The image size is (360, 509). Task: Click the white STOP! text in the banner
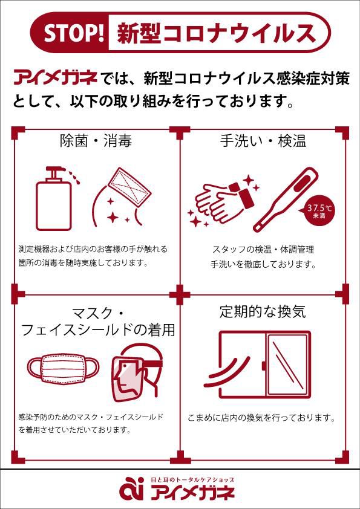(74, 33)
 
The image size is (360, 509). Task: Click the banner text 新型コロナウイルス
(217, 33)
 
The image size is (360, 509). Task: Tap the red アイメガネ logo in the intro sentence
(55, 79)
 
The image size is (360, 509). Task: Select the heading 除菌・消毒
(96, 141)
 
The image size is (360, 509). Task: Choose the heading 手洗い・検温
(263, 141)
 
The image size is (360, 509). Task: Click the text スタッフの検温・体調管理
(263, 250)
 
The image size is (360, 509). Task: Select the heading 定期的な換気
(263, 312)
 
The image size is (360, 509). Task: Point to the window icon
(264, 365)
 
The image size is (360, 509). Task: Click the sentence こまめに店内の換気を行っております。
(261, 418)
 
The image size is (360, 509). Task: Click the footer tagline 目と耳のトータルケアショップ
(192, 479)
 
